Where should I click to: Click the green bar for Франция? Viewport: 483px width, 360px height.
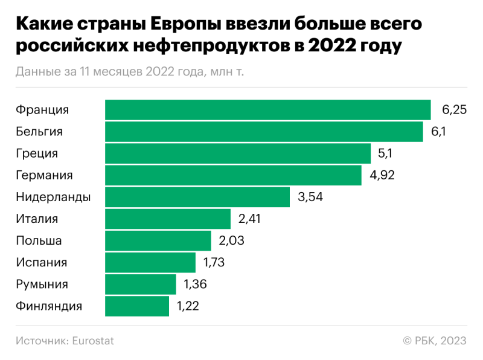click(267, 110)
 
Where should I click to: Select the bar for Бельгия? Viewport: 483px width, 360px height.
click(264, 132)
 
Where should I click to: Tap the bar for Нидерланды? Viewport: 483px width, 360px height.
click(197, 197)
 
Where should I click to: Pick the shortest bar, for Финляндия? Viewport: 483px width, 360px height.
click(137, 306)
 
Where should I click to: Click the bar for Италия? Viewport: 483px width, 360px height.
click(168, 219)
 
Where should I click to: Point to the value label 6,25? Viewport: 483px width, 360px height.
click(454, 110)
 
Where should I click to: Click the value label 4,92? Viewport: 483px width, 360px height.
click(382, 175)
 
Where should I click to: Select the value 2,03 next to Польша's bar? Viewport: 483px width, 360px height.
click(231, 241)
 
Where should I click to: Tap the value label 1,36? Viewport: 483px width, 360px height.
click(195, 284)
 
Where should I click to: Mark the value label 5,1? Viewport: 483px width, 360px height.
click(385, 153)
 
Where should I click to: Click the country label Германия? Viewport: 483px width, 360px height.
click(44, 175)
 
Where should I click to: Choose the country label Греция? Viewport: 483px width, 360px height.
click(37, 153)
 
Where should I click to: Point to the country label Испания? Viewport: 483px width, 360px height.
click(41, 263)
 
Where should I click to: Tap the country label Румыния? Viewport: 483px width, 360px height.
click(42, 284)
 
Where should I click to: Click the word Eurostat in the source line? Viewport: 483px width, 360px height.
click(92, 341)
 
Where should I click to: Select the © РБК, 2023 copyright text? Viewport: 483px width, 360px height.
click(435, 341)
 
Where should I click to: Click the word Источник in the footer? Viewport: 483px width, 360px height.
click(41, 341)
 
